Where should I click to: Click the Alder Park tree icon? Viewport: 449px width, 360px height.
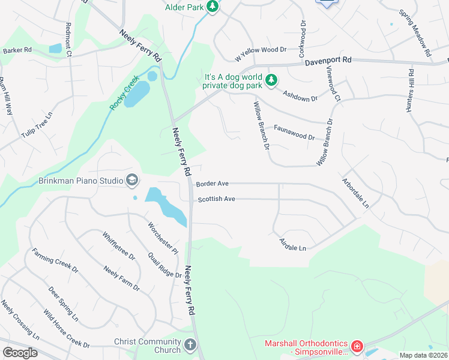(x=212, y=7)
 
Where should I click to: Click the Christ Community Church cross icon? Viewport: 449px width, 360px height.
(x=190, y=345)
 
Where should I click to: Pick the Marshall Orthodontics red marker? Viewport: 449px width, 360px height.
(x=357, y=346)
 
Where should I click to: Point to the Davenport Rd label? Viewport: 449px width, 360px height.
(x=328, y=62)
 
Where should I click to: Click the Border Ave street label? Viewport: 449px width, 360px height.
(x=212, y=183)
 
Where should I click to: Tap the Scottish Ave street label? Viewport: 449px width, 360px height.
(x=216, y=199)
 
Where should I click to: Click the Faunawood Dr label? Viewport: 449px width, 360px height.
(x=294, y=133)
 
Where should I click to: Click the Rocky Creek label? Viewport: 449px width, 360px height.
(x=124, y=92)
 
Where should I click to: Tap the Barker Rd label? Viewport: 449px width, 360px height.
(x=17, y=51)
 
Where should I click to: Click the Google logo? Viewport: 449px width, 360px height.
(x=20, y=353)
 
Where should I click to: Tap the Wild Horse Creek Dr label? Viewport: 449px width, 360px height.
(x=66, y=329)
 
